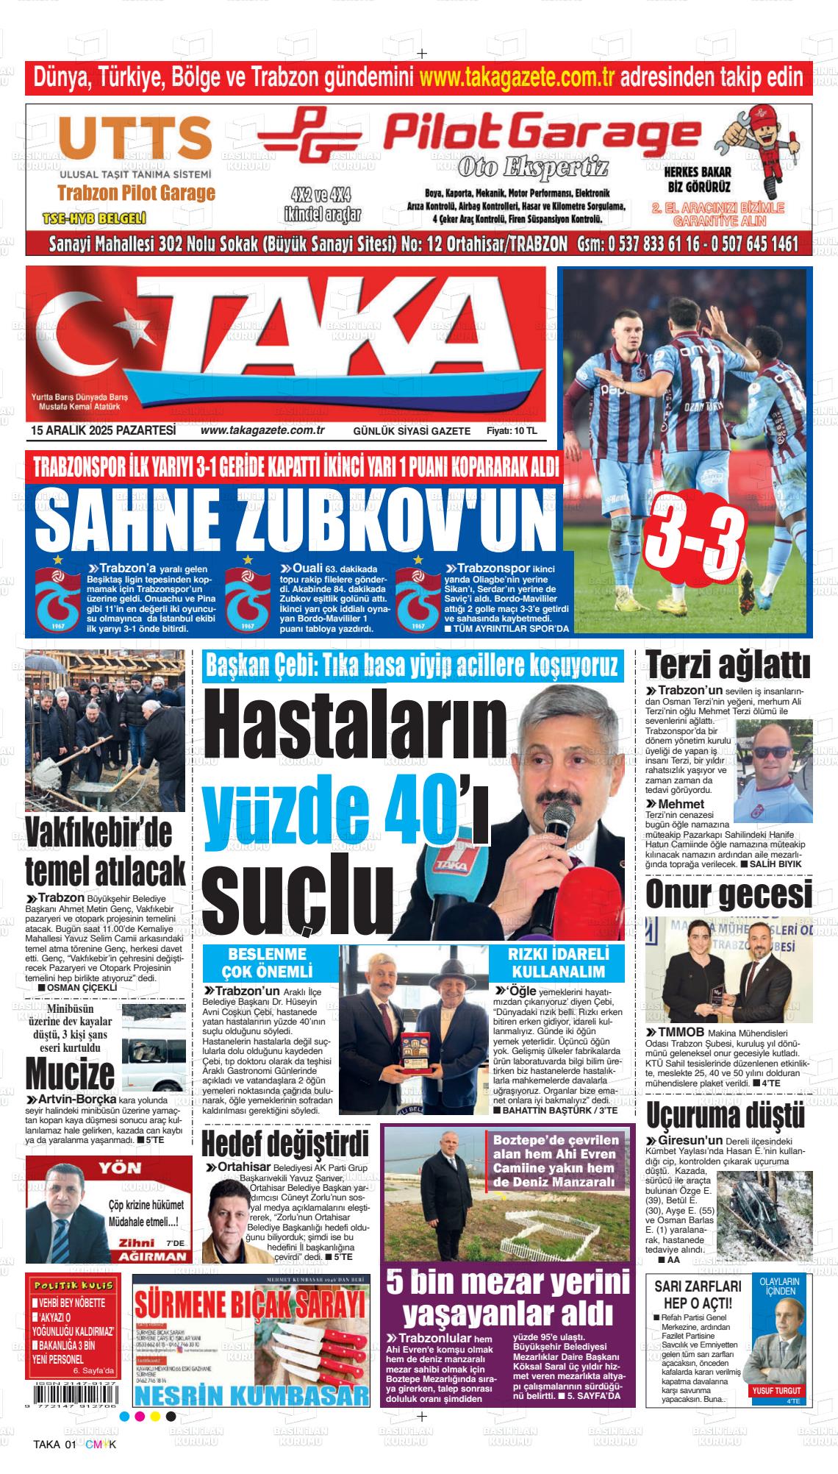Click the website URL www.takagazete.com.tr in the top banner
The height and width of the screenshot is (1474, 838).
[x=516, y=76]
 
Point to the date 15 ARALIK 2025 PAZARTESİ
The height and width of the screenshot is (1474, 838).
[x=103, y=430]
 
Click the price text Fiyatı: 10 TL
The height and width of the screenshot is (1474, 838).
[x=511, y=431]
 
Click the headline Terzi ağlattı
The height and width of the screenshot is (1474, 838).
[x=728, y=666]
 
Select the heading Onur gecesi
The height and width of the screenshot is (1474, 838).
[x=728, y=895]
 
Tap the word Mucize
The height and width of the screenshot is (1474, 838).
[x=71, y=1074]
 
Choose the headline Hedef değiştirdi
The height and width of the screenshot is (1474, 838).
[x=284, y=1144]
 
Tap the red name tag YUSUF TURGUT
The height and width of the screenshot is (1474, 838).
[x=776, y=1391]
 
